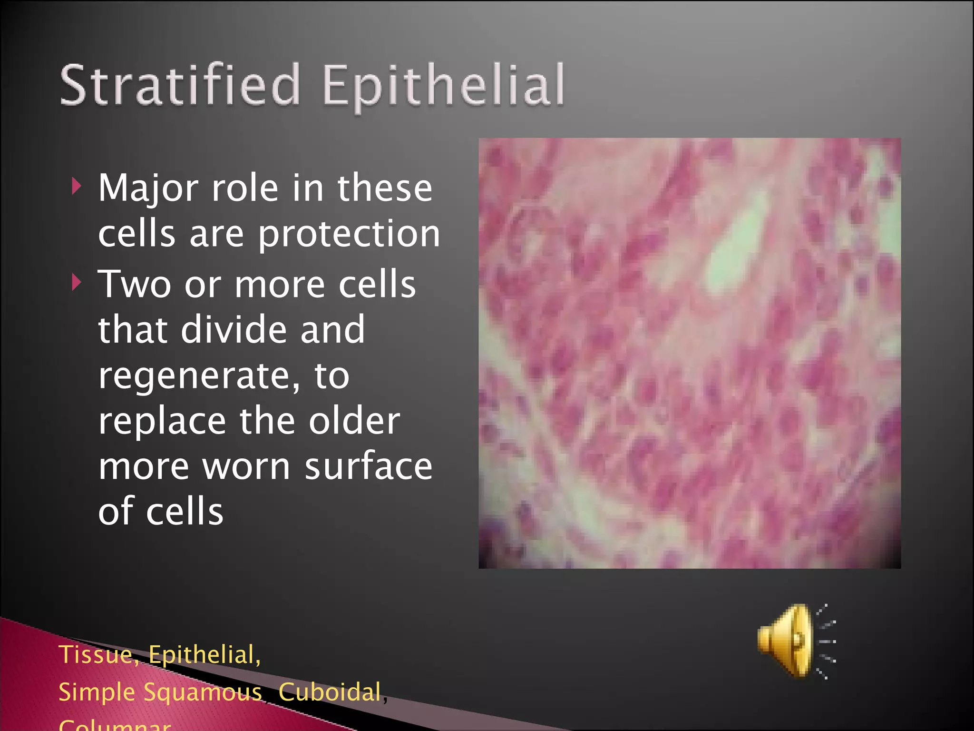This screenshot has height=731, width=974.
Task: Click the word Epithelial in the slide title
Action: [443, 86]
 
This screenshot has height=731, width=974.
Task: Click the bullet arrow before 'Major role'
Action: [76, 187]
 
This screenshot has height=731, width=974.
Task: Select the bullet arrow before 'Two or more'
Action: [76, 283]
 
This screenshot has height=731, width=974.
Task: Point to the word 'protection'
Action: [349, 234]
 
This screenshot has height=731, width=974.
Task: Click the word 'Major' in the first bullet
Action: [148, 188]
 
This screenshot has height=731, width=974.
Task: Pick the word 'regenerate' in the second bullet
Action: [199, 376]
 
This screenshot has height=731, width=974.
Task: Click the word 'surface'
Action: [368, 466]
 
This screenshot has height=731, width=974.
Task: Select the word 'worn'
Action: [246, 467]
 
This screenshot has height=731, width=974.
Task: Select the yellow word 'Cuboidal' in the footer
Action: [330, 691]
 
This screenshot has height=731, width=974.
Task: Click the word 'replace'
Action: [162, 422]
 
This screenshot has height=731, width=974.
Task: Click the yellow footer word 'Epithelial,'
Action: [205, 654]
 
